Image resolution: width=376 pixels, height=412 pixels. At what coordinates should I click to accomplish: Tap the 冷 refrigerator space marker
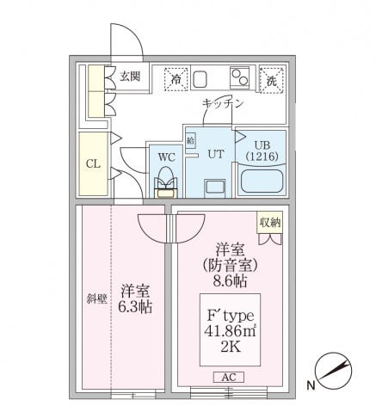pos(177,80)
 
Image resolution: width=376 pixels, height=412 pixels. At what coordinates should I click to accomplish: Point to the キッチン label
pos(223,103)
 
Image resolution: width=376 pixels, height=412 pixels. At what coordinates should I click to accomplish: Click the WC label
pos(165,157)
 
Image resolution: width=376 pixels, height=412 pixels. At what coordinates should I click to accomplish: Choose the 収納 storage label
pos(270,222)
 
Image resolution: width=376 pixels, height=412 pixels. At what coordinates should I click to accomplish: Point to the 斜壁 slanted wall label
pos(96,298)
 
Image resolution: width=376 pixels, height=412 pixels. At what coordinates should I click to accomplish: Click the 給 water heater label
pos(191,138)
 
